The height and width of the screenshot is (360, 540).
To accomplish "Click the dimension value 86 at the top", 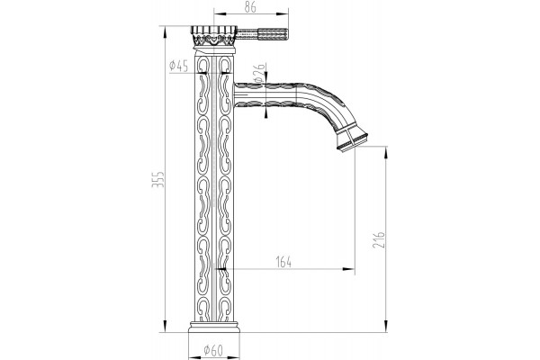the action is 250,7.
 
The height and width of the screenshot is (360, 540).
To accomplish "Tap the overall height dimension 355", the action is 158,179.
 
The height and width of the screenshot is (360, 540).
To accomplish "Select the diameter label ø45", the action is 179,66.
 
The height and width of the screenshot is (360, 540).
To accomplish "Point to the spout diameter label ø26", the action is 260,73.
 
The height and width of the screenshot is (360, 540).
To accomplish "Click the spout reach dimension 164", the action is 283,262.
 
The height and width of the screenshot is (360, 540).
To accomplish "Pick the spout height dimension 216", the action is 379,240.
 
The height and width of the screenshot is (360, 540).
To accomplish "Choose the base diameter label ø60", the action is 213,350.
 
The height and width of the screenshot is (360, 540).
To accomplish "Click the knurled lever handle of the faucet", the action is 262,34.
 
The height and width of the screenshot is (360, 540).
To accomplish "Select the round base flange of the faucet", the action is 214,328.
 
